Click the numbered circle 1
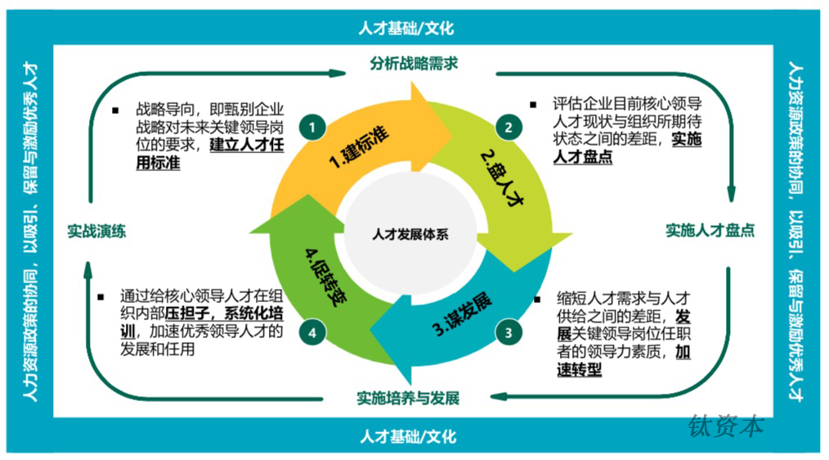pyautogui.click(x=312, y=128)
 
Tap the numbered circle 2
pyautogui.click(x=508, y=128)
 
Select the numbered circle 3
pyautogui.click(x=508, y=331)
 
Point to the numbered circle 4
pyautogui.click(x=312, y=331)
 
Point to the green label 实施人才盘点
pyautogui.click(x=710, y=231)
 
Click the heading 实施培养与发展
pyautogui.click(x=408, y=399)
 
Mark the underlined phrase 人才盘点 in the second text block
pyautogui.click(x=584, y=157)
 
